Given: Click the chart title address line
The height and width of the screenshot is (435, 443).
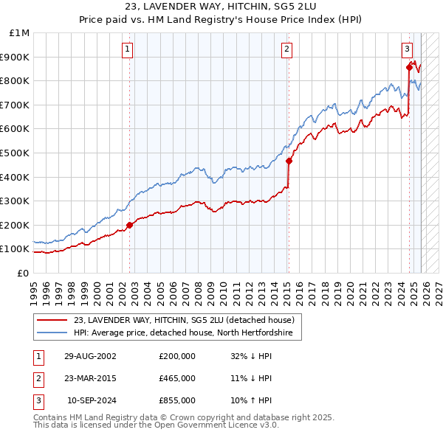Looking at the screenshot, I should pyautogui.click(x=221, y=7).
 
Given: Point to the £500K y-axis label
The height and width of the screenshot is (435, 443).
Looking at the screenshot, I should pyautogui.click(x=16, y=153).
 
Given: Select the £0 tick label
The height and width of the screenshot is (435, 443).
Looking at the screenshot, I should pyautogui.click(x=23, y=273).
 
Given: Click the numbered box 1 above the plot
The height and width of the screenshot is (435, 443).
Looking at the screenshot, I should pyautogui.click(x=128, y=49).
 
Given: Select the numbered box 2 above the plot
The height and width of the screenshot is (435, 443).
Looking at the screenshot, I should pyautogui.click(x=286, y=49).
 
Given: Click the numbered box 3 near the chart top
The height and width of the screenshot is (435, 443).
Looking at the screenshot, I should pyautogui.click(x=407, y=49).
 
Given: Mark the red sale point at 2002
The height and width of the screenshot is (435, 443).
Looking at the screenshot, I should pyautogui.click(x=130, y=225).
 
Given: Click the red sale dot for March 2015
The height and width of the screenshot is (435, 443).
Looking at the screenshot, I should pyautogui.click(x=289, y=161).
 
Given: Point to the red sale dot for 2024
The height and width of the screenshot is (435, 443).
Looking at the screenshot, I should pyautogui.click(x=409, y=67).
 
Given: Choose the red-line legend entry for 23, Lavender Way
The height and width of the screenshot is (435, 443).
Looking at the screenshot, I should pyautogui.click(x=184, y=320).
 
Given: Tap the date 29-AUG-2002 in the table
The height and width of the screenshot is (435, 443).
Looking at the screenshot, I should pyautogui.click(x=90, y=355).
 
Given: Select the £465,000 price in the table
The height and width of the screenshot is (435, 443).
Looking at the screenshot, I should pyautogui.click(x=177, y=377).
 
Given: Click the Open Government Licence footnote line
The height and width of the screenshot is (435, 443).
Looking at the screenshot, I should pyautogui.click(x=156, y=425).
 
